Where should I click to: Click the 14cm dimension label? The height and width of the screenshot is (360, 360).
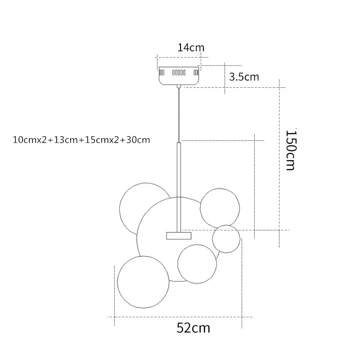191,48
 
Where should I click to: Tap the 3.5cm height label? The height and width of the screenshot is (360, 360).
244,76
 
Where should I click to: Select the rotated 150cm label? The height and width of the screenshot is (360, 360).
291,150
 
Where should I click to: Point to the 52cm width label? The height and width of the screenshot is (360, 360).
193,328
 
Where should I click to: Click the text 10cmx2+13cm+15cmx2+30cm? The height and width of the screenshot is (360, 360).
81,140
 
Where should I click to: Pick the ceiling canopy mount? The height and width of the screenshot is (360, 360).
179,76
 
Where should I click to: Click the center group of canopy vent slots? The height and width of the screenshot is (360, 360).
179,73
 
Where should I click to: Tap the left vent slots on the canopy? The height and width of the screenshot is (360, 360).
162,73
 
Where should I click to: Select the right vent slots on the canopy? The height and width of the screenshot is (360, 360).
196,73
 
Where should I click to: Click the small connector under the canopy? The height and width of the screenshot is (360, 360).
179,86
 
